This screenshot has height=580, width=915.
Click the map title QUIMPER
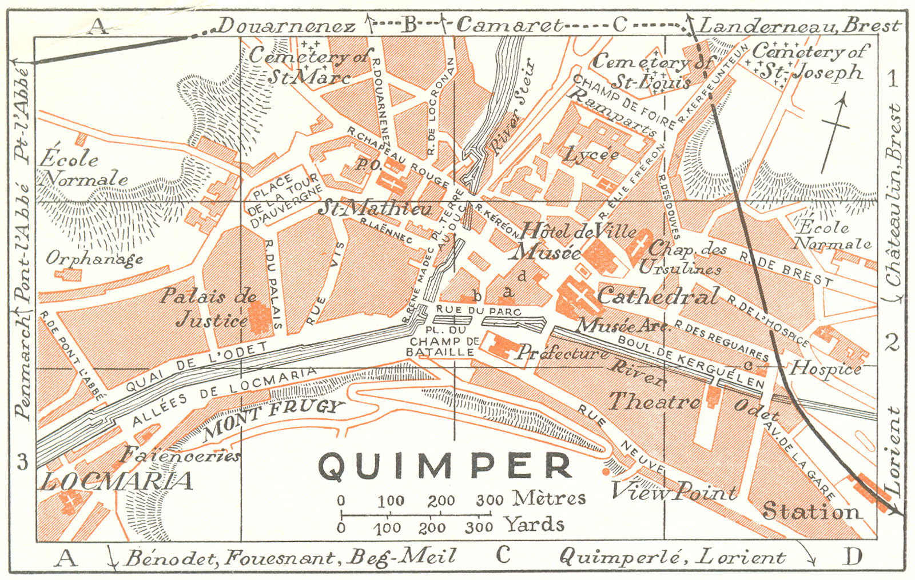445,466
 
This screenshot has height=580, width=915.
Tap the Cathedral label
658,297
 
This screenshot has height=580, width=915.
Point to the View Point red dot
606,472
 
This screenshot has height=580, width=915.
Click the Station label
811,511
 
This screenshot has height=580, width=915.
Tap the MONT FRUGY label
273,419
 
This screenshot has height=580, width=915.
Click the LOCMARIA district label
117,481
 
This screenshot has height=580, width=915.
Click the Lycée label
591,154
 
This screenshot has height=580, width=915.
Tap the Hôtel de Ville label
578,231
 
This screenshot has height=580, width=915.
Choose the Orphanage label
94,259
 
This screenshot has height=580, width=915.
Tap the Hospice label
826,369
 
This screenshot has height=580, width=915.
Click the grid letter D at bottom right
852,556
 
